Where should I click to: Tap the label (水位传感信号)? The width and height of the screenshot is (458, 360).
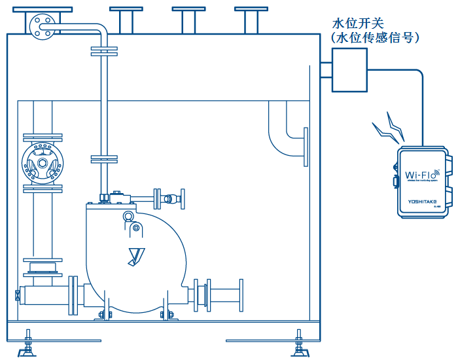click(x=375, y=39)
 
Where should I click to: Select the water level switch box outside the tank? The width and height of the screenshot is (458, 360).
click(x=349, y=71)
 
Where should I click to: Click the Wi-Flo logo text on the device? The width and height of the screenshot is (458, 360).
click(x=421, y=175)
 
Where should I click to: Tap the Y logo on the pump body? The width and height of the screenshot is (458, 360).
click(x=136, y=255)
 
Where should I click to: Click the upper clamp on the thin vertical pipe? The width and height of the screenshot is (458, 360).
click(x=104, y=50)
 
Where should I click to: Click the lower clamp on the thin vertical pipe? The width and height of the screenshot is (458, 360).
click(x=104, y=159)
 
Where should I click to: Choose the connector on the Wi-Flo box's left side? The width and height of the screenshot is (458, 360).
click(x=395, y=181)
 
